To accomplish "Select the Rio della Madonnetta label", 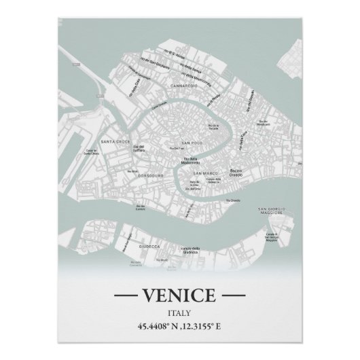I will click(x=190, y=161).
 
